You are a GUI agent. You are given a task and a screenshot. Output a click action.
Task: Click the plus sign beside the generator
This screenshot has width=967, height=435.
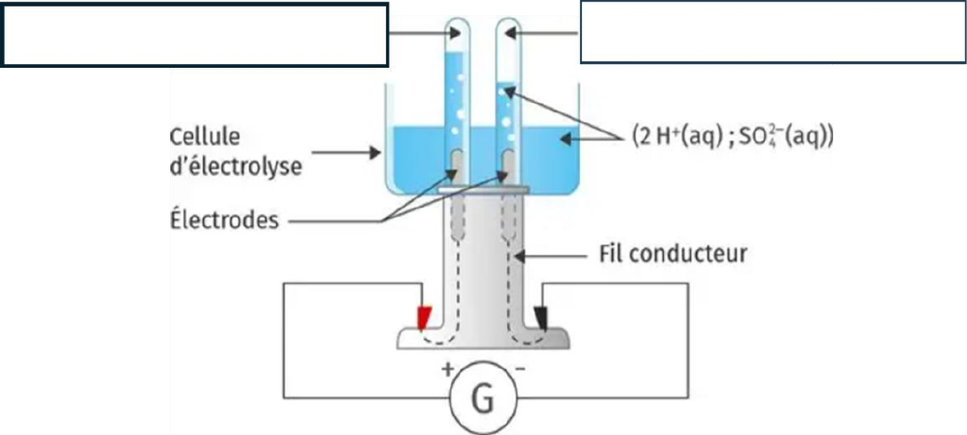click(x=447, y=370)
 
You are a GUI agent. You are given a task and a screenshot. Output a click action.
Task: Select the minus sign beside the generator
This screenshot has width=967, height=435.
click(x=520, y=369)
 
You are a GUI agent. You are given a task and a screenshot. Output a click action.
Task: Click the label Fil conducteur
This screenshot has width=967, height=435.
click(x=672, y=253)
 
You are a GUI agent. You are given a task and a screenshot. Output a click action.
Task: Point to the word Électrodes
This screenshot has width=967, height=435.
click(x=225, y=219)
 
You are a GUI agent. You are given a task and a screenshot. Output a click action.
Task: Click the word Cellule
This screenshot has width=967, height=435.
click(x=205, y=136)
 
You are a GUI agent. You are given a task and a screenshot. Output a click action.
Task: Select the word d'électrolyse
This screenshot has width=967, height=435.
click(x=235, y=166)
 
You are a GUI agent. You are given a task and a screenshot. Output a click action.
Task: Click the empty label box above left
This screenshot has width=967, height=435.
click(x=195, y=35)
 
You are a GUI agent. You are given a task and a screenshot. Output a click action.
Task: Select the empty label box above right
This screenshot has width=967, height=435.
click(x=772, y=32)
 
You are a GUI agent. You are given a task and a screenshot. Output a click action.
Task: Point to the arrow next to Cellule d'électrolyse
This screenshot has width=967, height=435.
click(x=346, y=152)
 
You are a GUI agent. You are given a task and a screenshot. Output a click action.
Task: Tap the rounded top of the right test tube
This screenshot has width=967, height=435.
click(x=509, y=25)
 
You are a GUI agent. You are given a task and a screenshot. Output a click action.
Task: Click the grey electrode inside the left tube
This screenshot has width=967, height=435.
click(x=456, y=166)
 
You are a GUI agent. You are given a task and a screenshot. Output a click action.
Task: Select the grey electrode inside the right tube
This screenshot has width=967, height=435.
click(x=508, y=166)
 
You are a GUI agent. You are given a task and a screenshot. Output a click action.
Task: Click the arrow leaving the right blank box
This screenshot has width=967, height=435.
click(x=542, y=34)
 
